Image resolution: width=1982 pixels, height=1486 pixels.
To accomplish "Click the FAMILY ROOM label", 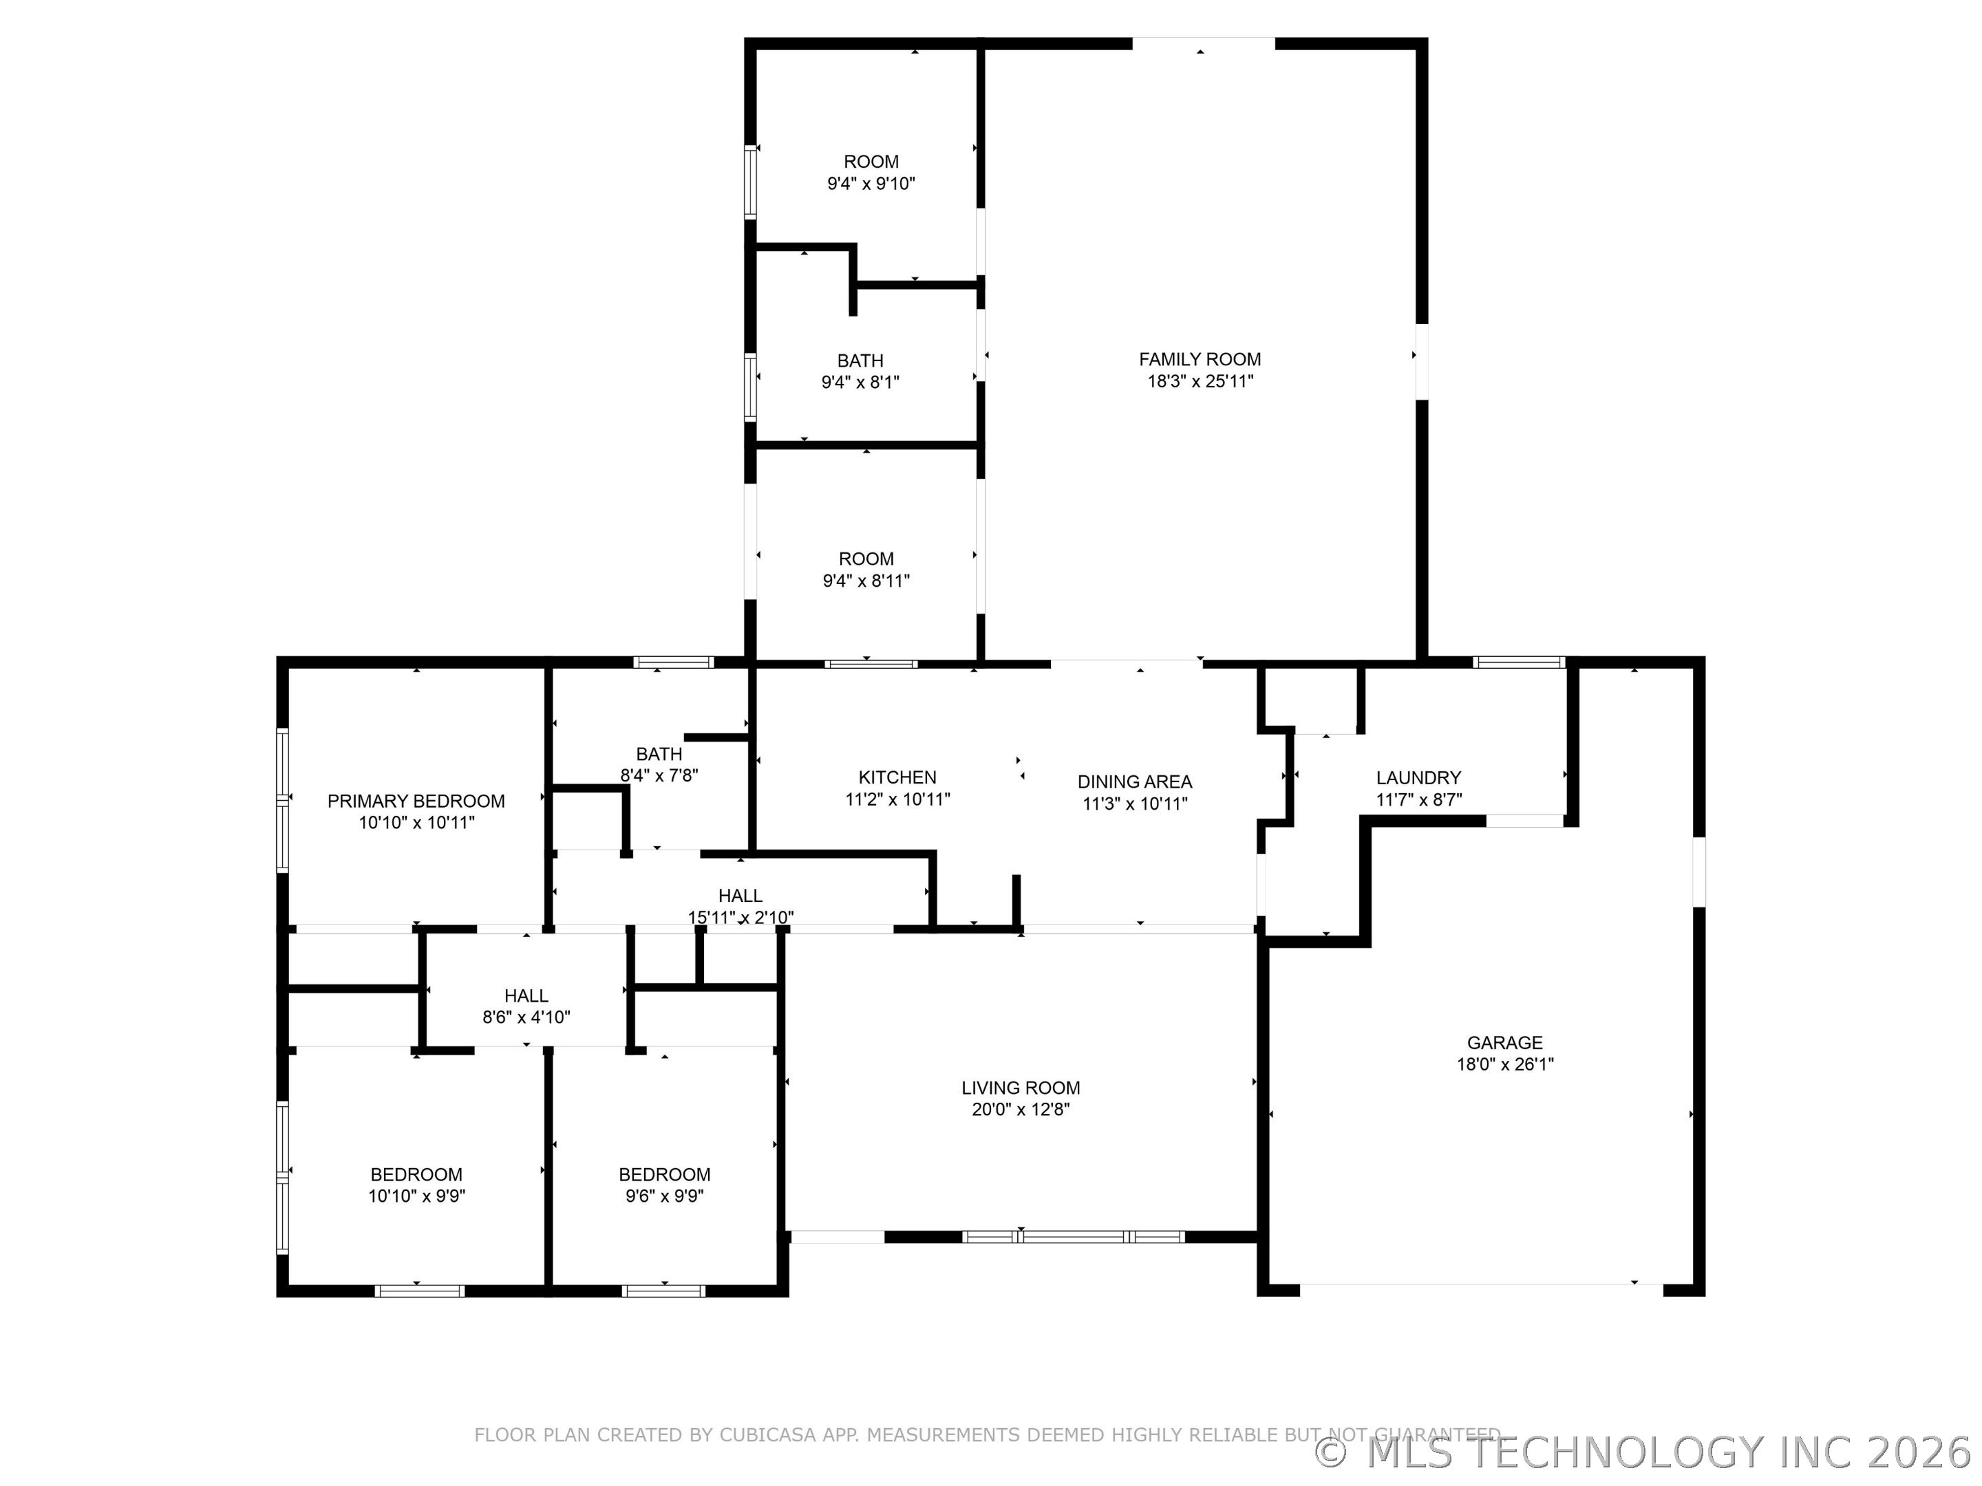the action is [x=1200, y=359].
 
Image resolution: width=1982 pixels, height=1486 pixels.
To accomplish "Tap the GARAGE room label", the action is [x=1505, y=1043].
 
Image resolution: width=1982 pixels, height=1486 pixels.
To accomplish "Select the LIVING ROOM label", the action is [x=1021, y=1088].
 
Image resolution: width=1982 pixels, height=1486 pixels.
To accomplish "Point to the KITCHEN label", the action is [x=897, y=777].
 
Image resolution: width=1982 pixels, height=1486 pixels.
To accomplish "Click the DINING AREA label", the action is [x=1134, y=782].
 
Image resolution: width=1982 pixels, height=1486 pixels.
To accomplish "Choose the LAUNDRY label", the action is [x=1418, y=777].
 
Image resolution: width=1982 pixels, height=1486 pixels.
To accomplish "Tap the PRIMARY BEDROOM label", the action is [x=416, y=801].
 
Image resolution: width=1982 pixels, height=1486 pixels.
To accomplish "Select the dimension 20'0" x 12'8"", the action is [x=1021, y=1110].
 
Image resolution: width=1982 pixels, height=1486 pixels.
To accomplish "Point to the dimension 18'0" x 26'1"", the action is [x=1505, y=1065].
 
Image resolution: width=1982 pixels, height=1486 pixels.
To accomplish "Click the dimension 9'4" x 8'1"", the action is [x=860, y=383].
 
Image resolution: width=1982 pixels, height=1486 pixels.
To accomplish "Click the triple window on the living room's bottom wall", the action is [x=1074, y=1237].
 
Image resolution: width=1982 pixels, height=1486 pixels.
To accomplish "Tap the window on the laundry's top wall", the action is [x=1519, y=663].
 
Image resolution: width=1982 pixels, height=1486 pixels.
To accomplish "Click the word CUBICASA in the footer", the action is [x=768, y=1434].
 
